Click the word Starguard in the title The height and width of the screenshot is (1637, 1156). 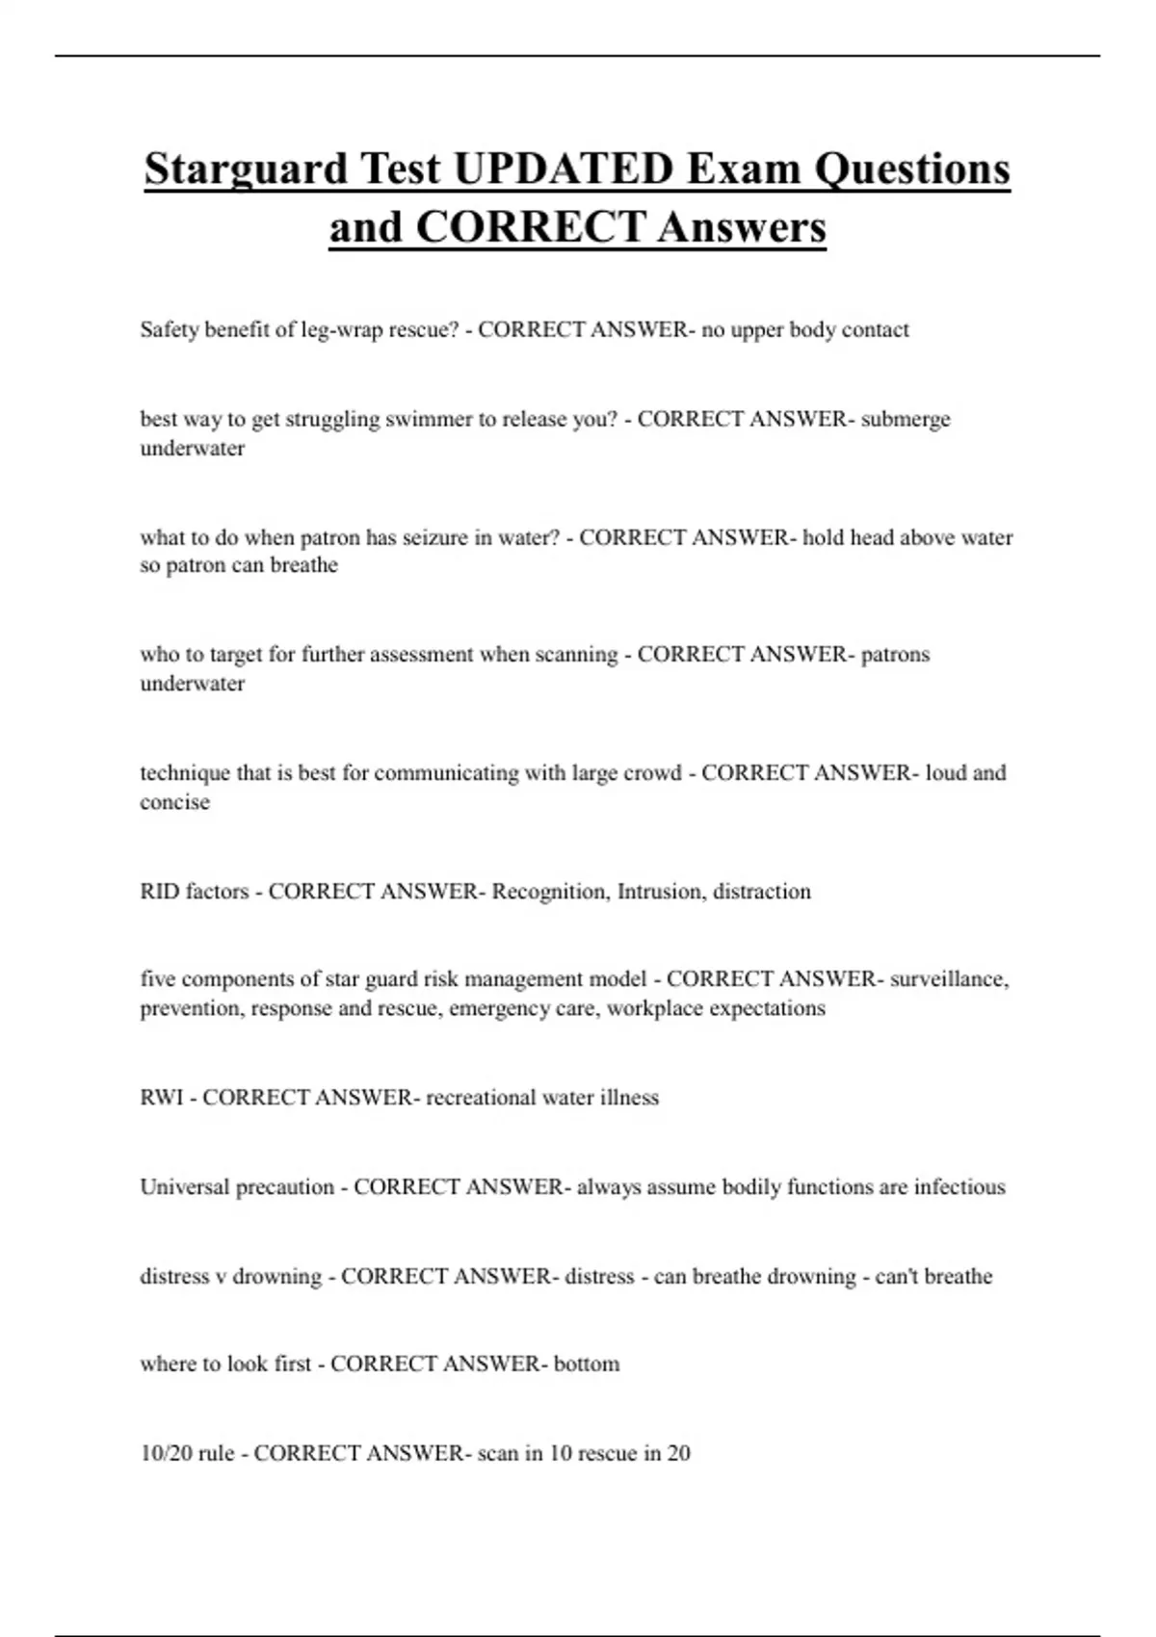(246, 170)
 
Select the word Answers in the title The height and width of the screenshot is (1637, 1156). (742, 228)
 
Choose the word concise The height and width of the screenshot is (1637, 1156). (174, 802)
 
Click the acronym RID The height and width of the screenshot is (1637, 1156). (159, 892)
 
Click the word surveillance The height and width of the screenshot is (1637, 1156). (949, 979)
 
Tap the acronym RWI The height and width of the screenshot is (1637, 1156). (161, 1098)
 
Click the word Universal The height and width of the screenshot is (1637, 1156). (188, 1187)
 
